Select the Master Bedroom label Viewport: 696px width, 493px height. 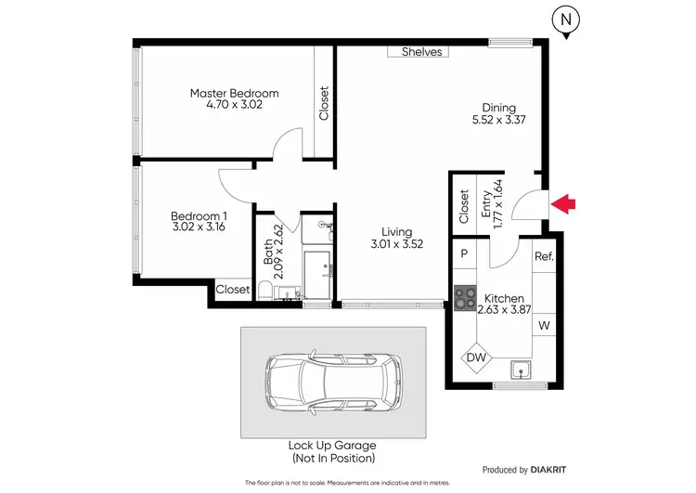click(234, 93)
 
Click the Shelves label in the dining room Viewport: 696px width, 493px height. click(421, 52)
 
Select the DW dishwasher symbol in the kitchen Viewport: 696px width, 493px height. click(477, 357)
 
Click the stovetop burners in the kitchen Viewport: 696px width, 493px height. click(463, 299)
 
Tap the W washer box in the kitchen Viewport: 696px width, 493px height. click(543, 325)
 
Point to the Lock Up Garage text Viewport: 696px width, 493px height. click(333, 446)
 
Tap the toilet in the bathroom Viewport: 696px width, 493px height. click(264, 293)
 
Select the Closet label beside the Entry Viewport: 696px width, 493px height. click(463, 206)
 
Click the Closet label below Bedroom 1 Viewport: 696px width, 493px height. click(233, 290)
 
